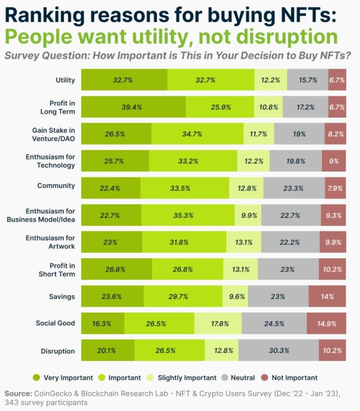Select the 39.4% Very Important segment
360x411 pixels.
133,107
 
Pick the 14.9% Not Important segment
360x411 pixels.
327,323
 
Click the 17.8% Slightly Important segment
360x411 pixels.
218,323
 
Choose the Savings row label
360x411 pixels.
62,296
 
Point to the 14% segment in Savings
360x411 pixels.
327,296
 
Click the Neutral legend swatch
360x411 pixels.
225,378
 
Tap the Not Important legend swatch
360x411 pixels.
265,378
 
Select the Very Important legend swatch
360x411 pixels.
36,378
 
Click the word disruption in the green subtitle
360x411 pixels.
287,37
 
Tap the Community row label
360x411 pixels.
56,185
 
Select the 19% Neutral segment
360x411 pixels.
299,134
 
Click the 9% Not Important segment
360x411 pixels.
334,161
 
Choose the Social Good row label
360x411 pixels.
55,323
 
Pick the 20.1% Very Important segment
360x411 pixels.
108,351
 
